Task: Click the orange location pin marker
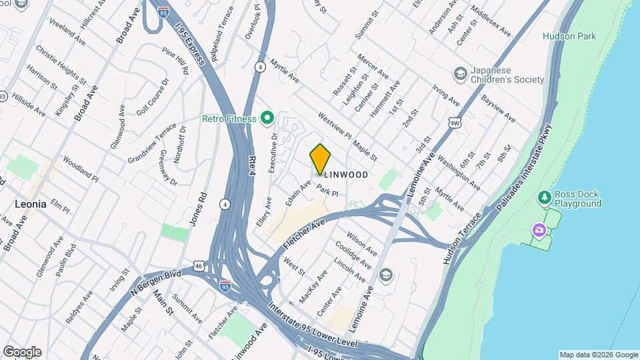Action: (321, 159)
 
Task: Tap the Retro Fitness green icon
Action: (267, 119)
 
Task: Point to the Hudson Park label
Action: (569, 36)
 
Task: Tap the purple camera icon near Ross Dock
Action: (539, 230)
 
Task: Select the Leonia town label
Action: (30, 204)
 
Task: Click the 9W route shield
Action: (455, 122)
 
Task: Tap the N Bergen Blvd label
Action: (156, 283)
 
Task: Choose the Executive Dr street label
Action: (273, 153)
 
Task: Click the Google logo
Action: (22, 352)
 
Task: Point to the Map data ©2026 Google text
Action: (598, 355)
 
